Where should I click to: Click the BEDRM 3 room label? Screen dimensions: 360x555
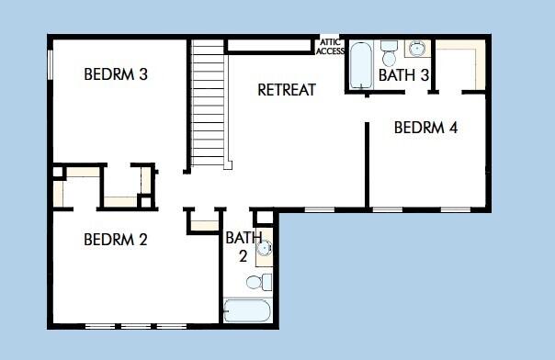(116, 74)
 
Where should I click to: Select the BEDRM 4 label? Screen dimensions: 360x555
(425, 128)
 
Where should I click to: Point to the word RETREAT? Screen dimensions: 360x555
(287, 90)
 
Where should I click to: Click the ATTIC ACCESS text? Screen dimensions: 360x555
(330, 47)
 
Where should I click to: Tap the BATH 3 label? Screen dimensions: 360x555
(403, 75)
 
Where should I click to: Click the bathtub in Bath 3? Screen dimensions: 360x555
(359, 64)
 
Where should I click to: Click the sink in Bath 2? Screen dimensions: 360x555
(264, 247)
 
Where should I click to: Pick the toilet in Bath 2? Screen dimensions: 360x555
(266, 280)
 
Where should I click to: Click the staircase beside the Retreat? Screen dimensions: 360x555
(208, 104)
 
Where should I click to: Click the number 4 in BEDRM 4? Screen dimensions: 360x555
(453, 128)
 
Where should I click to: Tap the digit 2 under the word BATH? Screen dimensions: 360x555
(243, 256)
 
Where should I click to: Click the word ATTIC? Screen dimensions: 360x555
(330, 42)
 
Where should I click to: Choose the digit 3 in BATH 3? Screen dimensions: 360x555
(425, 75)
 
